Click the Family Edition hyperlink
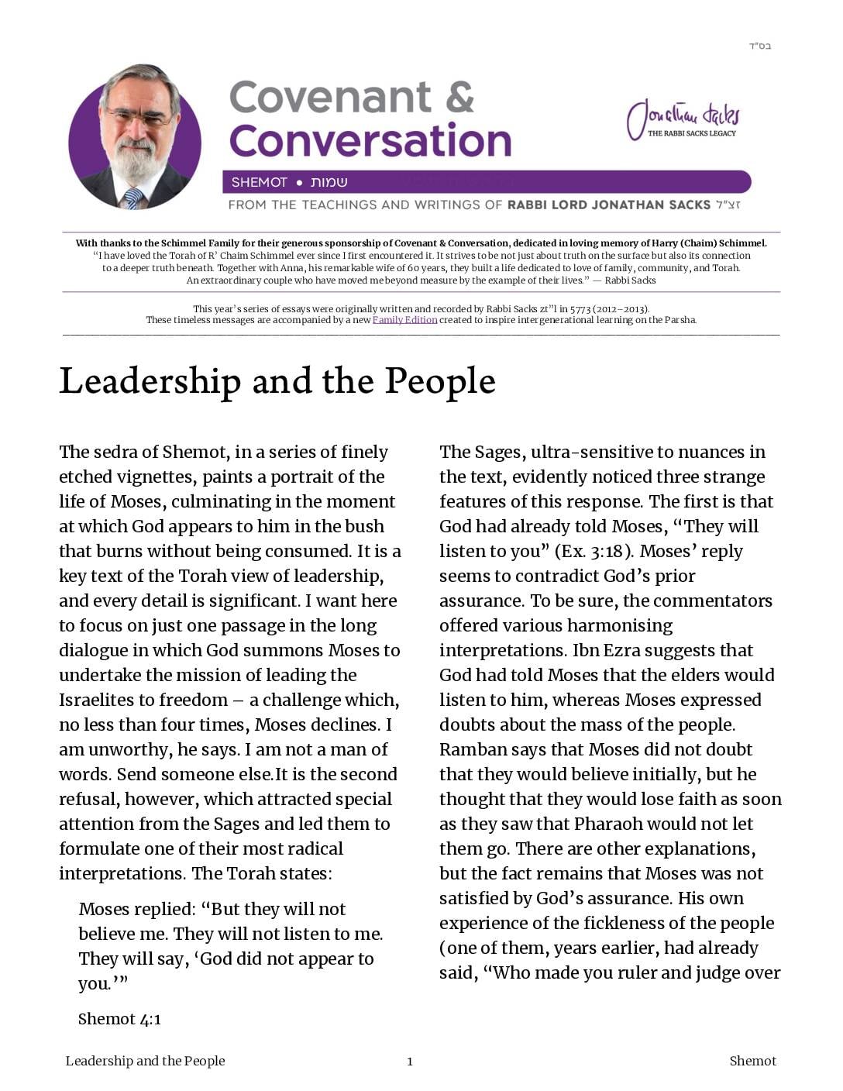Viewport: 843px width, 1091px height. click(404, 320)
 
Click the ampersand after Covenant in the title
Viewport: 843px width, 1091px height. click(460, 97)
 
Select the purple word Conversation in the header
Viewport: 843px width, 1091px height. click(370, 141)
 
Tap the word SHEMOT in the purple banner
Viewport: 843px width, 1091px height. click(259, 183)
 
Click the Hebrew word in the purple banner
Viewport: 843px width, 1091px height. click(329, 183)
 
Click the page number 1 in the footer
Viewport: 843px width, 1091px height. click(410, 1062)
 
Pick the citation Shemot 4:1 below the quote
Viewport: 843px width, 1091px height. click(119, 1019)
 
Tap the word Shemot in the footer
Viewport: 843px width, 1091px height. click(752, 1062)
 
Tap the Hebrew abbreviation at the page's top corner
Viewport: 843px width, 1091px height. click(759, 46)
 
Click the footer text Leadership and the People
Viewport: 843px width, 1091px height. click(145, 1062)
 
